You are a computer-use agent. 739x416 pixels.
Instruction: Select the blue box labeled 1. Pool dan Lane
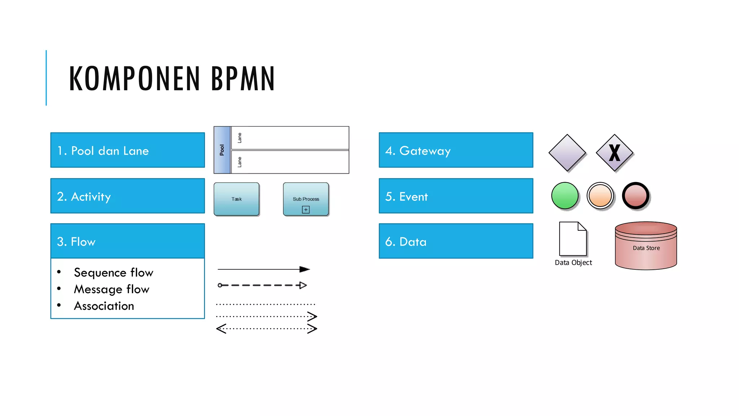[127, 150]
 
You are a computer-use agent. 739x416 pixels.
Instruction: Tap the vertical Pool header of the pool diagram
[222, 150]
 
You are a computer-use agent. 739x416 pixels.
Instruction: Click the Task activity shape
[236, 199]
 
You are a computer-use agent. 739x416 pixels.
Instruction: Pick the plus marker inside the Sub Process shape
[306, 210]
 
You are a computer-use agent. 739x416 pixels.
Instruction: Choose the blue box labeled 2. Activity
[127, 196]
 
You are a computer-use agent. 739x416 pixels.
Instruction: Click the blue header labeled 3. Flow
[127, 241]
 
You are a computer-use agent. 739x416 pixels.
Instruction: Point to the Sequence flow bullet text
[113, 273]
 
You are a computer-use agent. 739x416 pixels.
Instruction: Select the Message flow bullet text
[111, 289]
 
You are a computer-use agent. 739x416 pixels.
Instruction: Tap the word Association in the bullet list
[104, 306]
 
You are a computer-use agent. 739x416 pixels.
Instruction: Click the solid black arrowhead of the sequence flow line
[304, 269]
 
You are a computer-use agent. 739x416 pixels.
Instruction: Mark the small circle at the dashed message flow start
[220, 285]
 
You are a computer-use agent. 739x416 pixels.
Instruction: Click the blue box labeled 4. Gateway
[456, 150]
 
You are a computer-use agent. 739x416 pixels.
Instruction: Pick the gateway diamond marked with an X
[615, 153]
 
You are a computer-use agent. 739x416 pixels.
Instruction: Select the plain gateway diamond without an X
[567, 153]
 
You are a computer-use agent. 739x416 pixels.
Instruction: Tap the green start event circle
[565, 195]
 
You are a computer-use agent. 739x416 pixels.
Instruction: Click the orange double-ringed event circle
[600, 195]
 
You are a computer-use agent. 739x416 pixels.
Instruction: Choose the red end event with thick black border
[636, 195]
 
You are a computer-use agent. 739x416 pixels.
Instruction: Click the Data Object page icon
[573, 239]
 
